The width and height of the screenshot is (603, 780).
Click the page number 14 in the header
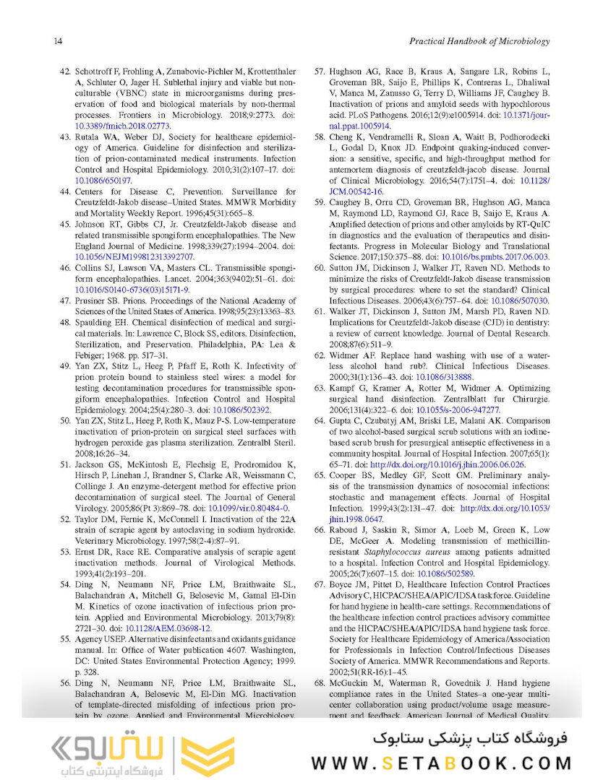pos(58,41)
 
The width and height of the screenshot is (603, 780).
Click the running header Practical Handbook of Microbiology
pos(479,41)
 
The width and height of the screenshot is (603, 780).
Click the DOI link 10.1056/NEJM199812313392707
pos(134,256)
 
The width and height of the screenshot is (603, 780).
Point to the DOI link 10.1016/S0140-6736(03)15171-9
pos(132,290)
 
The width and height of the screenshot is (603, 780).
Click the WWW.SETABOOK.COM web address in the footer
pos(442,763)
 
